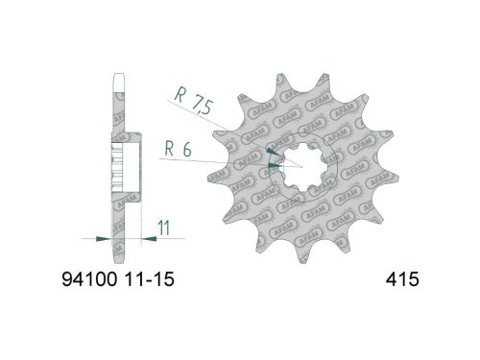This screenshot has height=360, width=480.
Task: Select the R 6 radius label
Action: (x=175, y=149)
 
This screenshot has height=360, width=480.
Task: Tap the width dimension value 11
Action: (x=165, y=229)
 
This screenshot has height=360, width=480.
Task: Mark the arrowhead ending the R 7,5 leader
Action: (x=273, y=151)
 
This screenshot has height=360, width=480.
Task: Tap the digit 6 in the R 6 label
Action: (x=184, y=149)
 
